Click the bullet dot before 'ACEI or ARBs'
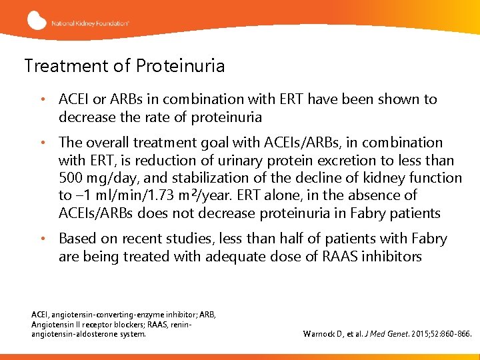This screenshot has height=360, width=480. point(42,100)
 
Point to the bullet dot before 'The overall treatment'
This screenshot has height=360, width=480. point(42,143)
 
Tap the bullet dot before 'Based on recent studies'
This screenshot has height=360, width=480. point(42,239)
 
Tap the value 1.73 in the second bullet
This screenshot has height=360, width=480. point(153,196)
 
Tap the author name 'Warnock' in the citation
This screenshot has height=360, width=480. point(322,333)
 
